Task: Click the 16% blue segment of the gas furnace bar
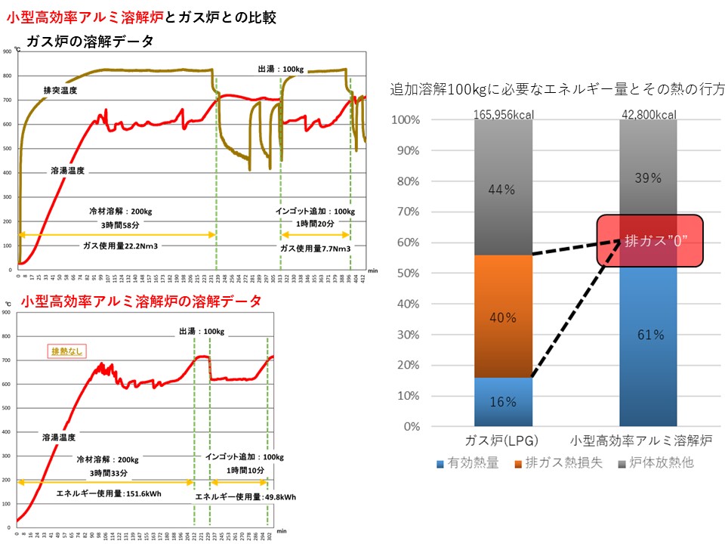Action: click(x=503, y=402)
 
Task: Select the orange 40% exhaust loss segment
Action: click(x=503, y=317)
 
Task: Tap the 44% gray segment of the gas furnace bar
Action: click(x=503, y=189)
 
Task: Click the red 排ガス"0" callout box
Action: click(x=649, y=240)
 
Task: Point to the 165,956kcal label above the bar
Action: click(x=503, y=114)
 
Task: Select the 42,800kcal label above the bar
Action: click(x=648, y=114)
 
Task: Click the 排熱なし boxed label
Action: click(x=66, y=351)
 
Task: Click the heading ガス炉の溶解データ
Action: click(x=90, y=41)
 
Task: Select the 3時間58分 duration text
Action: click(x=116, y=224)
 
